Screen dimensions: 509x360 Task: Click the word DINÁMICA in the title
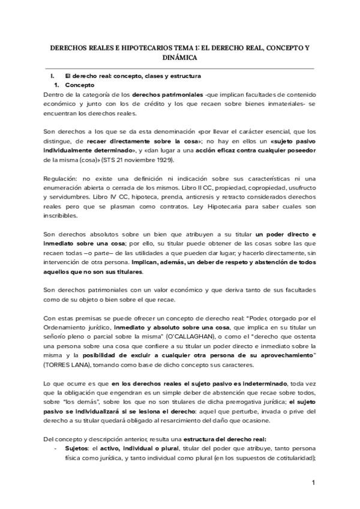[x=180, y=58]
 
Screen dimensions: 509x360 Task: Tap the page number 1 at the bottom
[x=313, y=483]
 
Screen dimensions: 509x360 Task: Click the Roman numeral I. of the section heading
[x=52, y=77]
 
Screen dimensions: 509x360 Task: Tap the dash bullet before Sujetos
[x=55, y=448]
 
